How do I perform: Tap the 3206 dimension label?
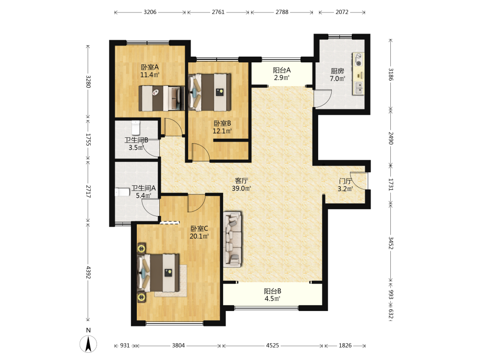pyautogui.click(x=150, y=12)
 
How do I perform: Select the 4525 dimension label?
pyautogui.click(x=273, y=345)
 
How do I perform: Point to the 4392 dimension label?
pyautogui.click(x=88, y=273)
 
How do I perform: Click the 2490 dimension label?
pyautogui.click(x=391, y=138)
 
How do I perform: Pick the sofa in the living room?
pyautogui.click(x=232, y=239)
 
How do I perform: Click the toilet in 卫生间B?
pyautogui.click(x=136, y=128)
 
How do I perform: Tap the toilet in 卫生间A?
pyautogui.click(x=122, y=192)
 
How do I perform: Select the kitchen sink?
pyautogui.click(x=359, y=88)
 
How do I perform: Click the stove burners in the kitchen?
pyautogui.click(x=358, y=60)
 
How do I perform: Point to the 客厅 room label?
pyautogui.click(x=241, y=180)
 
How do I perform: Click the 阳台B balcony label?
pyautogui.click(x=273, y=291)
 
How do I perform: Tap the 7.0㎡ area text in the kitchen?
pyautogui.click(x=337, y=79)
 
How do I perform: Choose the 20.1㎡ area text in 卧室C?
pyautogui.click(x=199, y=236)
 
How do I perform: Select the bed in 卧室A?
pyautogui.click(x=162, y=98)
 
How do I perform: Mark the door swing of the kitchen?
pyautogui.click(x=323, y=98)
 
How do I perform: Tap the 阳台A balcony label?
pyautogui.click(x=282, y=70)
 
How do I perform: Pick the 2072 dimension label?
pyautogui.click(x=342, y=12)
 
